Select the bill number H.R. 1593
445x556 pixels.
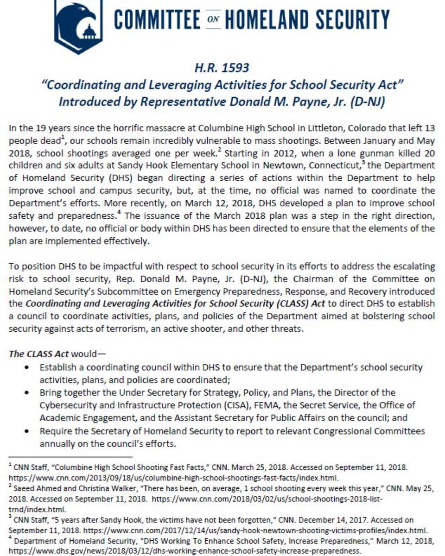(x=222, y=68)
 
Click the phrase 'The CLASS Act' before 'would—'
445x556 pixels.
(x=39, y=354)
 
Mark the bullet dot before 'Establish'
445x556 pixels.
(x=29, y=367)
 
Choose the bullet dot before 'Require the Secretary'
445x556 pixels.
(x=29, y=431)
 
